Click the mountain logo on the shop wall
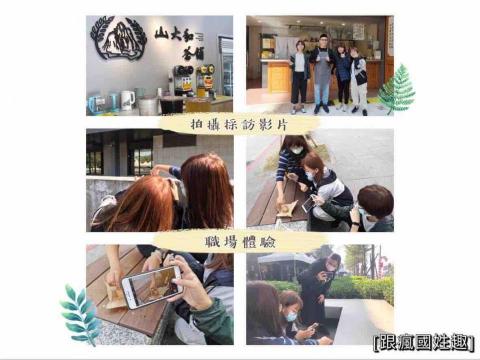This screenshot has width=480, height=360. (118, 44)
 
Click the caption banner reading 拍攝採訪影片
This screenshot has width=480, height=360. (241, 123)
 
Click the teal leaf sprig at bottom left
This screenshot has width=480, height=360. (80, 313)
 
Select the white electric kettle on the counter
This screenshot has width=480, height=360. (127, 99)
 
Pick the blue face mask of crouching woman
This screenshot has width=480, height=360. (290, 316)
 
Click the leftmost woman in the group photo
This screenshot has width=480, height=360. (299, 75)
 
